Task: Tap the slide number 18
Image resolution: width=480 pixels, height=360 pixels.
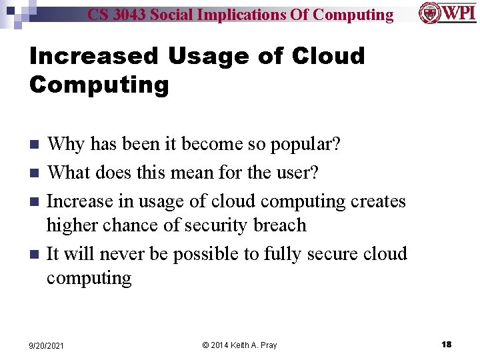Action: coord(446,344)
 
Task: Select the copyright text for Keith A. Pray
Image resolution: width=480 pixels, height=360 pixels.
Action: coord(239,345)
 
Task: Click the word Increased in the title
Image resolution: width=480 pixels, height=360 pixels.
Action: coord(93,56)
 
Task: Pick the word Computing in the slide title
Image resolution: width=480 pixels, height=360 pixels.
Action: coord(99,85)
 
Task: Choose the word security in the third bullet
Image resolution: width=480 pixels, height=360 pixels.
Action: coord(217,225)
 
